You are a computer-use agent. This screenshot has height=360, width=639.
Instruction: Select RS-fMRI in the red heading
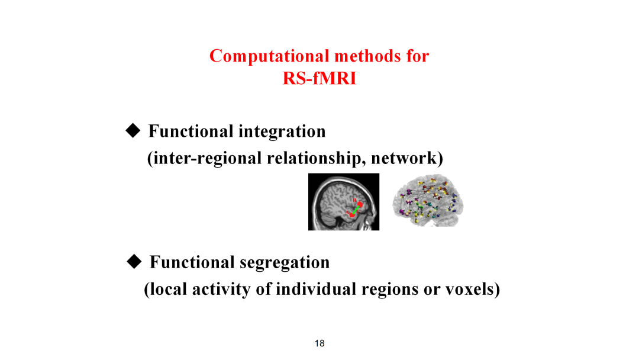coord(319,78)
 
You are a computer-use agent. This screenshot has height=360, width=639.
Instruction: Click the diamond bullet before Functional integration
coord(133,131)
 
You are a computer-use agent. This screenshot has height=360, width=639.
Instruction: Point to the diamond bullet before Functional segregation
coord(134,262)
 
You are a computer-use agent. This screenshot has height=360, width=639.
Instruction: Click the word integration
coord(282,131)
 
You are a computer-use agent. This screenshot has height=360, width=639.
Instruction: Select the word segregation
coord(285,263)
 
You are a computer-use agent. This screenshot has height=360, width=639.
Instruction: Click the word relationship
coord(317,158)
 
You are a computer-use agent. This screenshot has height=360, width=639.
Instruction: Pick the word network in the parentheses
coord(404,158)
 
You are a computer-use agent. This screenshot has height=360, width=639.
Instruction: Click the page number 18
coord(319,343)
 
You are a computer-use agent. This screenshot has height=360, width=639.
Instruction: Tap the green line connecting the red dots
coord(356,210)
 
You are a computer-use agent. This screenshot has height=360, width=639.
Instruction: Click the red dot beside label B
coord(360,204)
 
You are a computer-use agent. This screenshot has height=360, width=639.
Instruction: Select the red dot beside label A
coord(352,214)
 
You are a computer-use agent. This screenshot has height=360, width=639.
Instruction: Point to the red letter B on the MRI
coord(354,200)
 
